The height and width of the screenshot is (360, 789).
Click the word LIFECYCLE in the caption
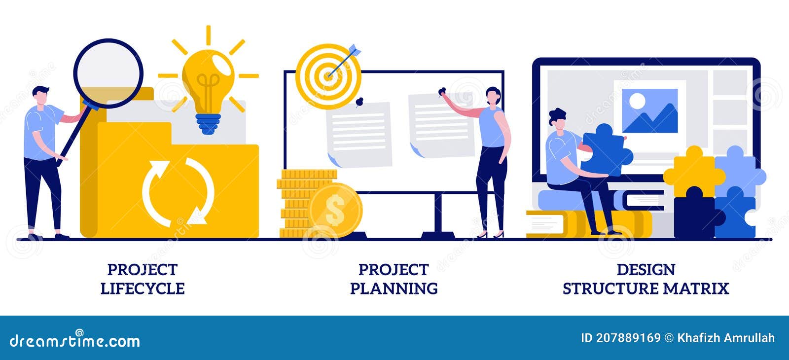pyautogui.click(x=143, y=288)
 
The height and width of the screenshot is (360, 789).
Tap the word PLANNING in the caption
pyautogui.click(x=394, y=288)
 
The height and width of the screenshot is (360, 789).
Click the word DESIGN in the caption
pyautogui.click(x=646, y=270)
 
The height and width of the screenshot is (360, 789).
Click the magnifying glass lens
pyautogui.click(x=108, y=74)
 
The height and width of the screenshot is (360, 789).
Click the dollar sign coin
pyautogui.click(x=335, y=211)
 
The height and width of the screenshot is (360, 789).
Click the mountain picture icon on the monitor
pyautogui.click(x=649, y=111)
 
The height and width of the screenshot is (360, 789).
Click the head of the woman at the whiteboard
pyautogui.click(x=493, y=97)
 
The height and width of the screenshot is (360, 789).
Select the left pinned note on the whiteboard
pyautogui.click(x=359, y=133)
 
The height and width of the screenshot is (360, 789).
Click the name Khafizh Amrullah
pyautogui.click(x=726, y=338)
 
